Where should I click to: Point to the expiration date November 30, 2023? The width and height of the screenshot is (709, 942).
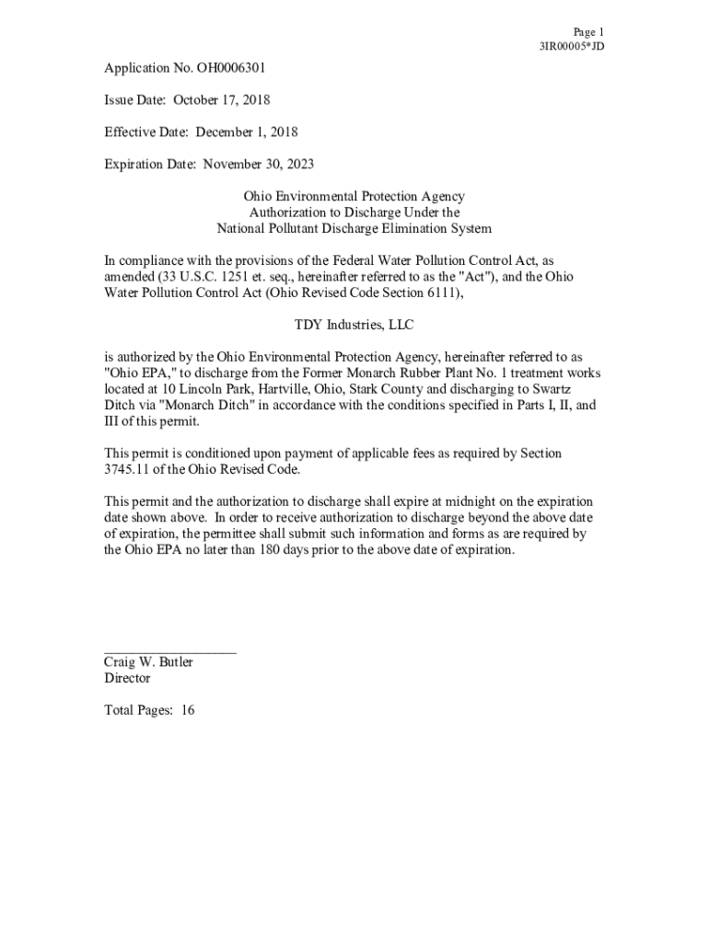click(259, 165)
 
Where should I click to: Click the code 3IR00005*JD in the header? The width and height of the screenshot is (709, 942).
click(572, 46)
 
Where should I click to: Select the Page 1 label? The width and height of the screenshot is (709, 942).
click(588, 31)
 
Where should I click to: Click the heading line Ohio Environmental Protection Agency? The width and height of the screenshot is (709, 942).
click(354, 197)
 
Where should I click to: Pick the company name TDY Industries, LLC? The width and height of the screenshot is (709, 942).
click(354, 325)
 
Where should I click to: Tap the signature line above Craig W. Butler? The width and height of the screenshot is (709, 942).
click(170, 651)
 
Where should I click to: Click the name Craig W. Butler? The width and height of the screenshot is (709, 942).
click(148, 662)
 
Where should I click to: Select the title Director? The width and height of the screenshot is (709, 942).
click(127, 678)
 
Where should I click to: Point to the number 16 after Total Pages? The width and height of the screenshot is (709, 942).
click(188, 710)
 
